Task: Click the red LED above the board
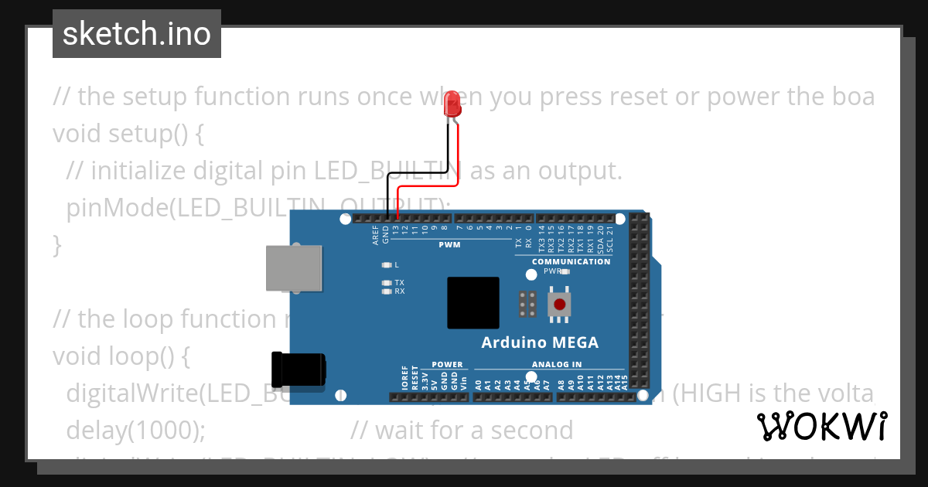[452, 106]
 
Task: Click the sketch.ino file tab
[136, 34]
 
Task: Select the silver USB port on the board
[294, 268]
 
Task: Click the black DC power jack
[299, 369]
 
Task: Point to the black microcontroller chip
[473, 305]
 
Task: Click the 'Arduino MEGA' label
[540, 342]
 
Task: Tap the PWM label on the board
[449, 245]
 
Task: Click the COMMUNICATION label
[571, 261]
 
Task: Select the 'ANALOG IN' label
[557, 364]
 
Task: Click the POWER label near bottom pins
[447, 364]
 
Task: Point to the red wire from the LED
[459, 155]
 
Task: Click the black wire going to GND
[447, 155]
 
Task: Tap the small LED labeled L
[386, 264]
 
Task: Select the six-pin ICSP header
[528, 305]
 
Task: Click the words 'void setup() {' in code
[128, 133]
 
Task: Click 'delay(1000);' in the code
[136, 430]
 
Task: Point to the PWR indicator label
[552, 271]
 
